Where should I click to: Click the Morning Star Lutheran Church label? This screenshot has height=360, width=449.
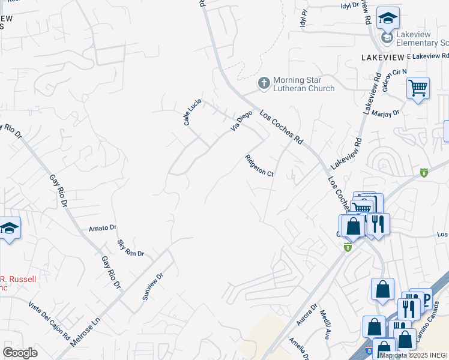pos(303,85)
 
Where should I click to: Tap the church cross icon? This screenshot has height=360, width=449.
pos(264,83)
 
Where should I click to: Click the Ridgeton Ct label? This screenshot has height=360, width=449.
pos(259,166)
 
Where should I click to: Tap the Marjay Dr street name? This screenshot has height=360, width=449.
pos(385,113)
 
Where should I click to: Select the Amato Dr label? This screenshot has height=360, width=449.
pos(102,228)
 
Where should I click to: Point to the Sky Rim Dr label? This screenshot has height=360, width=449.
pos(131,248)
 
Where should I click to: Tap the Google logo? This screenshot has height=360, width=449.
pos(20,352)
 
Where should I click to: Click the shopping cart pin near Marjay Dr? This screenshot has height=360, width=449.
pos(418,88)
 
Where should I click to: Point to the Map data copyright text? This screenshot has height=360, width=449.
pos(414,356)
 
